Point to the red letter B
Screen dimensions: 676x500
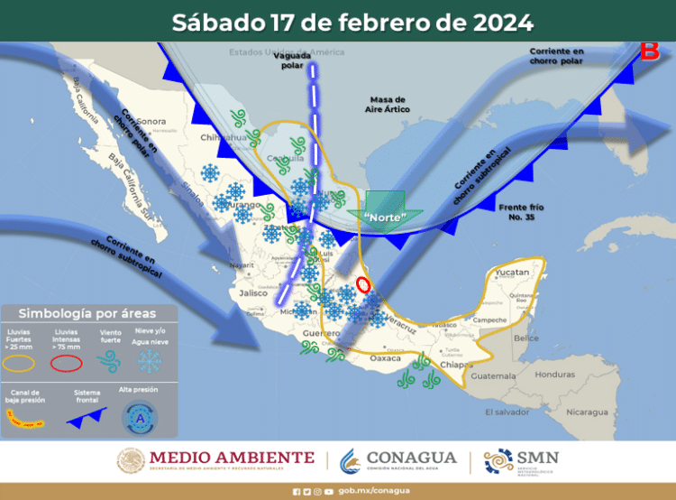coord(649,51)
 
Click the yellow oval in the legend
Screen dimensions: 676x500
coord(21,363)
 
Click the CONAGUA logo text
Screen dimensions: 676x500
coord(410,458)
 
